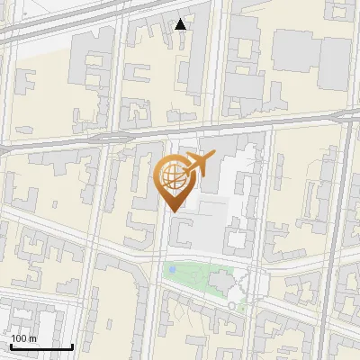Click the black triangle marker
181,24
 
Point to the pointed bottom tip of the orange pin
171,211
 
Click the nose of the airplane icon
211,156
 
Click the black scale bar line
41,347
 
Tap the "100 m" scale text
24,338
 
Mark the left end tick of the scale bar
11,346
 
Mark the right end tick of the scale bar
72,346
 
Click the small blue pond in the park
170,269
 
